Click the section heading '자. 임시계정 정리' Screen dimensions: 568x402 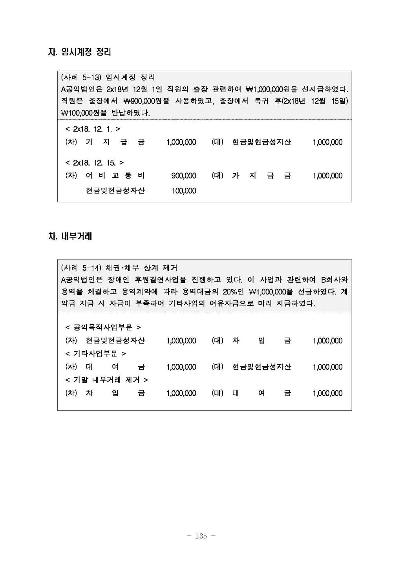click(80, 52)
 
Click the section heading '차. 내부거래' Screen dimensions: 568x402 click(70, 237)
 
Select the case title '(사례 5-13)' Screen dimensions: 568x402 click(81, 77)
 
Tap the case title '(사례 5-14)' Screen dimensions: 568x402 click(81, 268)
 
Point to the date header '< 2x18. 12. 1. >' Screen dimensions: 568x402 click(93, 129)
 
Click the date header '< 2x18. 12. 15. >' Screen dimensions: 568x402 click(94, 163)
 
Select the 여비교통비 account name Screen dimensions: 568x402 click(115, 176)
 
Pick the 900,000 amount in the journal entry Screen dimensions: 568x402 click(184, 176)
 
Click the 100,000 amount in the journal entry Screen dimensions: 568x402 click(184, 191)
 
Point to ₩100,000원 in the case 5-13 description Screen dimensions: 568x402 click(84, 113)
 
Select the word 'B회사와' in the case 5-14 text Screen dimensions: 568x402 click(334, 280)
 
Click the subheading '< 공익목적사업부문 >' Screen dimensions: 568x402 click(103, 327)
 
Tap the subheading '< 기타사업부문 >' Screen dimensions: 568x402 click(95, 354)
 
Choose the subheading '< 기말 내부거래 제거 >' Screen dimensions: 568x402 click(106, 380)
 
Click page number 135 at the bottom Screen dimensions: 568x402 click(201, 536)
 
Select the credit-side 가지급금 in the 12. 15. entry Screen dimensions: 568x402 click(261, 176)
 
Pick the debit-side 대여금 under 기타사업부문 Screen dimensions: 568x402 click(115, 367)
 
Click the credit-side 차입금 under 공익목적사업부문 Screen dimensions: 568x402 click(261, 341)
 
